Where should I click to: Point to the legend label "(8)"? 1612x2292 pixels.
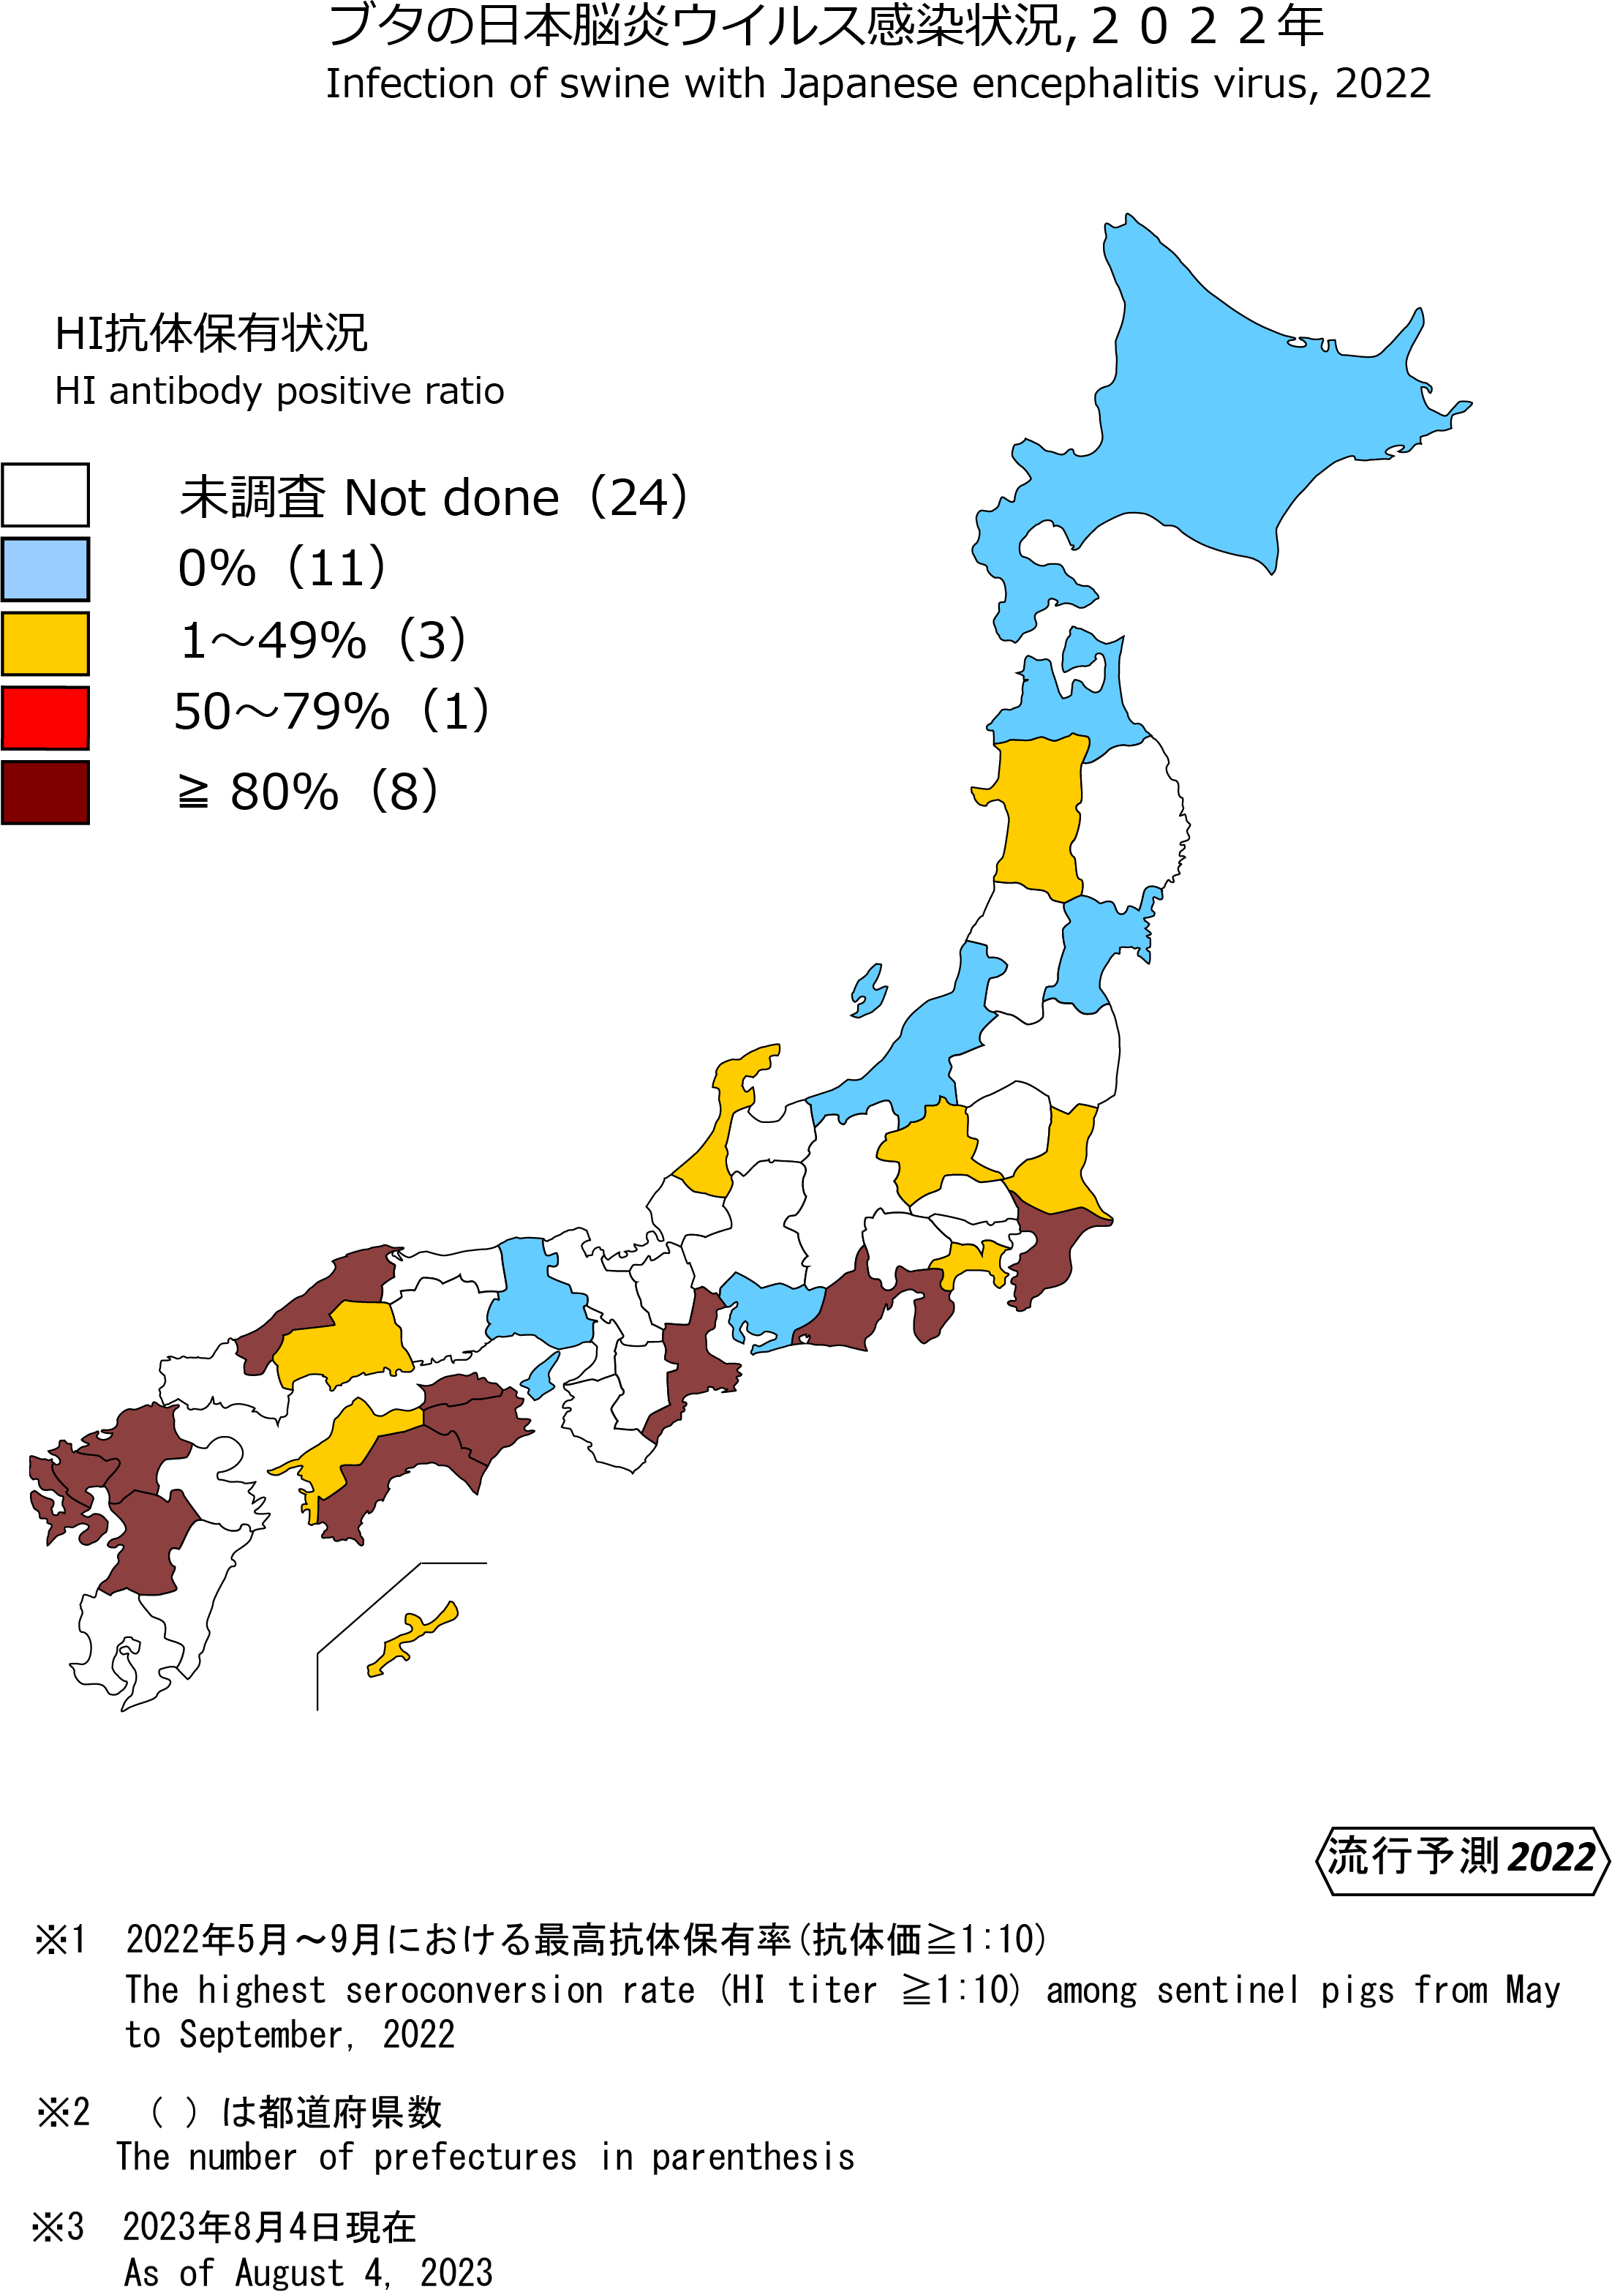(404, 792)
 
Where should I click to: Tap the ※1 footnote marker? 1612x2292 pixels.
(61, 1939)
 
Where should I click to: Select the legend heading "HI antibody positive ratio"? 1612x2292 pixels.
(279, 391)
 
